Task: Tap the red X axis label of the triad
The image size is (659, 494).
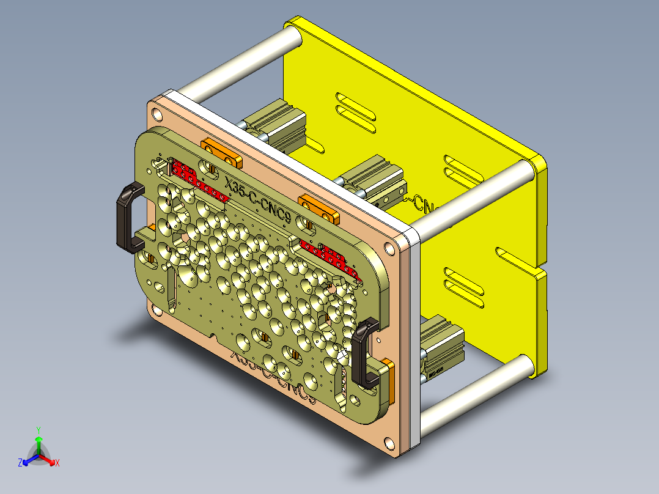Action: (x=57, y=463)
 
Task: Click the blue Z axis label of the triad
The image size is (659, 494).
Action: (x=20, y=463)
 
